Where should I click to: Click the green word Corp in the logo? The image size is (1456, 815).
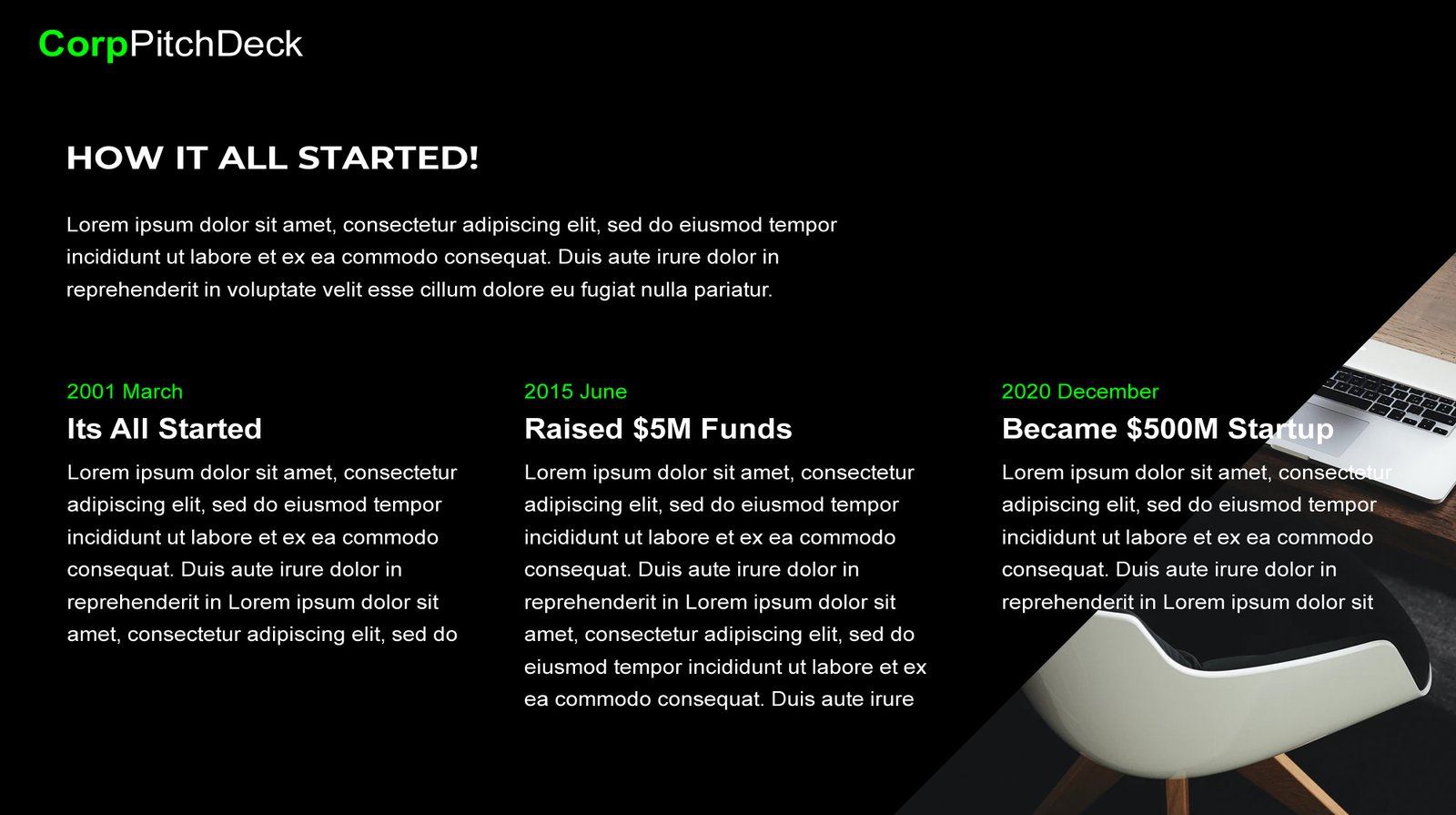pos(83,46)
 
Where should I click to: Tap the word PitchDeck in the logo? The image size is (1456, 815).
pos(216,44)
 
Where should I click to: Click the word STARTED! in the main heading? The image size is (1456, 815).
pos(388,158)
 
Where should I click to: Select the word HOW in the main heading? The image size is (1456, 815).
pos(115,158)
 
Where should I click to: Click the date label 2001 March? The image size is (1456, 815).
pos(125,392)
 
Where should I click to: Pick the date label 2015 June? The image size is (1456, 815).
pos(575,392)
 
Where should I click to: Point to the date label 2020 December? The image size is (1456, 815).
pos(1079,392)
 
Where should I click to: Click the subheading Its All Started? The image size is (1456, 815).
pos(165,429)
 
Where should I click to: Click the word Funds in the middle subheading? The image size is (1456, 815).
pos(746,429)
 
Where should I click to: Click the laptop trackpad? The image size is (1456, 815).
pos(1319,427)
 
